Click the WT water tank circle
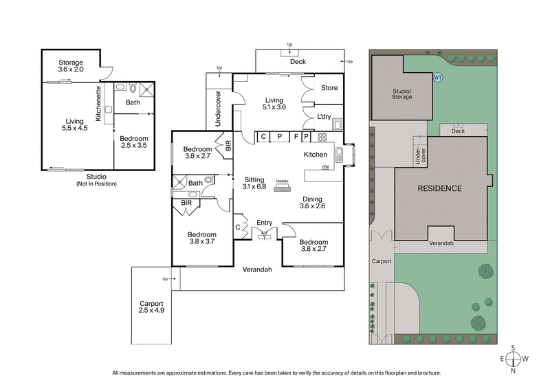tap(438, 78)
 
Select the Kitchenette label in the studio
tap(99, 104)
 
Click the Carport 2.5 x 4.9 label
tap(151, 307)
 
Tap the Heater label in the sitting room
tap(282, 181)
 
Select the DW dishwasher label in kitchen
tap(324, 167)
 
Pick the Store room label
tap(329, 88)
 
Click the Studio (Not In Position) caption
tap(96, 180)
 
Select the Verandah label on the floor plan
tap(258, 269)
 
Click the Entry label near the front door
tap(264, 222)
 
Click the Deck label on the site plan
tap(458, 131)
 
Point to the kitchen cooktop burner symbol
tap(322, 136)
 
